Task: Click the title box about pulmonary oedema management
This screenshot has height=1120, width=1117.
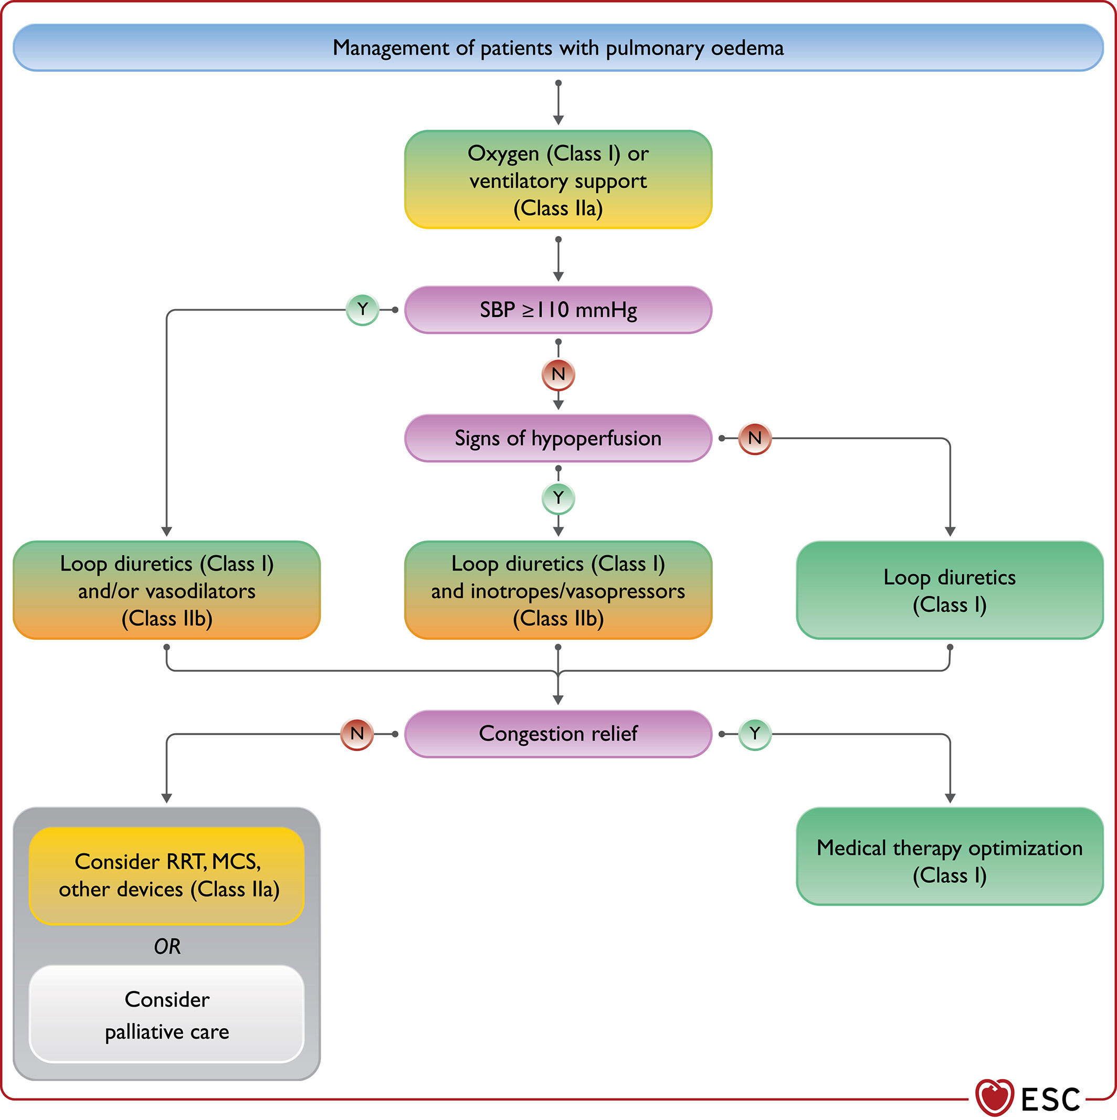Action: coord(558,48)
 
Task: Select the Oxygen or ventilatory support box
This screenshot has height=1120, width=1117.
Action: coord(558,179)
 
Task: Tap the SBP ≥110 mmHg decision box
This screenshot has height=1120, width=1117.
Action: coord(558,310)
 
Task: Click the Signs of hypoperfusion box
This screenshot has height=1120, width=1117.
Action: coord(558,438)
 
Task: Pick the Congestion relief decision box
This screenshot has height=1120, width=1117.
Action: coord(558,734)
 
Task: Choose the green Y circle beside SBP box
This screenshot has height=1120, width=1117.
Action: coord(362,310)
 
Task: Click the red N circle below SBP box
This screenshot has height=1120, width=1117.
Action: coord(558,375)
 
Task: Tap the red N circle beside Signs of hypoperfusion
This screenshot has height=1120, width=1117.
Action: coord(755,438)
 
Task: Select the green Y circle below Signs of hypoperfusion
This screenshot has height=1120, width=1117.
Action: coord(558,498)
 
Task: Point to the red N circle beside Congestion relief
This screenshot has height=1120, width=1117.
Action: coord(357,734)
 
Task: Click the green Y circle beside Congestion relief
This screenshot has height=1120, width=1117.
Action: coord(755,734)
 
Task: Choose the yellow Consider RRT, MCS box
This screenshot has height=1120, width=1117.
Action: coord(167,876)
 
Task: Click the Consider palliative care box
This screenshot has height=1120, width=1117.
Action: coord(167,1014)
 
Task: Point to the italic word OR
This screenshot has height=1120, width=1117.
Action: coord(167,947)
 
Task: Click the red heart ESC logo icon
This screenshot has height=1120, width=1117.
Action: coord(995,1097)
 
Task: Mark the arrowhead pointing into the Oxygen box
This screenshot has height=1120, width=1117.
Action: coord(558,120)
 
